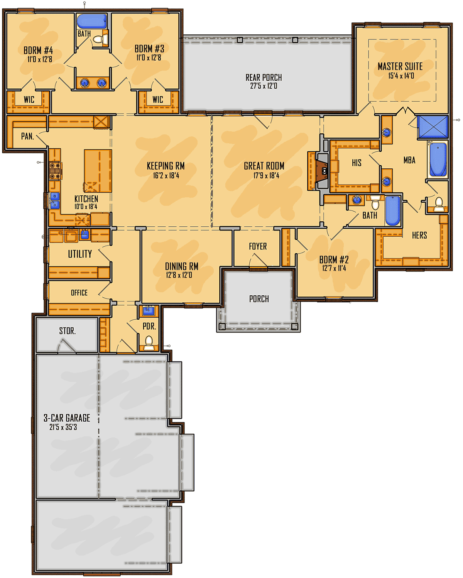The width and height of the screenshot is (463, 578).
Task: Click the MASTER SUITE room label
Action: [400, 66]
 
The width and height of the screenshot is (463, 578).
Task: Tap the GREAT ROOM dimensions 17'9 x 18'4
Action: [266, 176]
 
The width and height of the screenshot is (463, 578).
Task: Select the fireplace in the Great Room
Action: [322, 171]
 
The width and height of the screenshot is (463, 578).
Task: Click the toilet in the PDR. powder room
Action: [149, 343]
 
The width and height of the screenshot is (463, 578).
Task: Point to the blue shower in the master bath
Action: [433, 127]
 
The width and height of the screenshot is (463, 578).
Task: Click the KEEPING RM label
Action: [166, 166]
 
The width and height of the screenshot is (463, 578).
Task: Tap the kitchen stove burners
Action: [55, 171]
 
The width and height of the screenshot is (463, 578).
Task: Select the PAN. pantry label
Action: [28, 136]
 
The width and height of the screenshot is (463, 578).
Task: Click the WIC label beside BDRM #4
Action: [29, 100]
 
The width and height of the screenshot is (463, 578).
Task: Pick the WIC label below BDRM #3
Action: [157, 100]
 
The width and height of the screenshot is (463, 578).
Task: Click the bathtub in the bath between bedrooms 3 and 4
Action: [92, 21]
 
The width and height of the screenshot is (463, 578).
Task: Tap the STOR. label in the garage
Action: [68, 331]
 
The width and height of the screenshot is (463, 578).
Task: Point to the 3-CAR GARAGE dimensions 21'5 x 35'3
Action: [63, 427]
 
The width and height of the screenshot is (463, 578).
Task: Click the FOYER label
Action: [258, 246]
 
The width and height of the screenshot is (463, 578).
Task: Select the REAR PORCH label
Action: [264, 78]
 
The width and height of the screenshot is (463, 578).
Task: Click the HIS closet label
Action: [357, 163]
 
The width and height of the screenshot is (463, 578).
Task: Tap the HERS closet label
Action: [419, 235]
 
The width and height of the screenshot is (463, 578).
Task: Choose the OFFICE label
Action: [79, 293]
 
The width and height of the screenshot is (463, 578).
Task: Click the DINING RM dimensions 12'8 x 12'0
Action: [179, 275]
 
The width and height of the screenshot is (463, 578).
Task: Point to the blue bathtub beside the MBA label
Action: [438, 159]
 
